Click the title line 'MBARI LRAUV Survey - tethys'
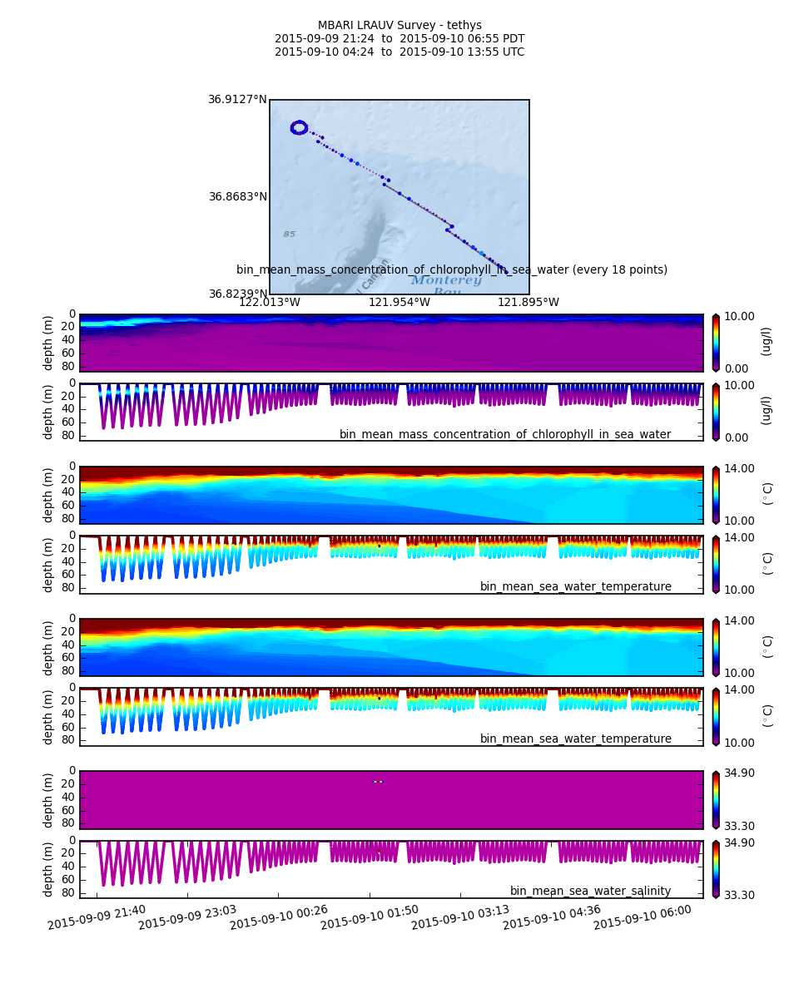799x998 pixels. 399,26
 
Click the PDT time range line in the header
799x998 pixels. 399,39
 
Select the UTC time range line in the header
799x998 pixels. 399,52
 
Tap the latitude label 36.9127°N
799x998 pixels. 237,100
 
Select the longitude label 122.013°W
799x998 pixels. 270,303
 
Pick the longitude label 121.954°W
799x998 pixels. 399,303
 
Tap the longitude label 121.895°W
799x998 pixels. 529,303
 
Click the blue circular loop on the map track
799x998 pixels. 300,127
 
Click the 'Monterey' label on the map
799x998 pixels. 446,280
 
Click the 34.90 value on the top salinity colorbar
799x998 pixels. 740,773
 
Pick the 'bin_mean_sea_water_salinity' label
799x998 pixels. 590,891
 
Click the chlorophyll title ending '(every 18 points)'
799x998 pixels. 452,270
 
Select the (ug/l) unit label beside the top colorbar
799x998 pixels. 766,342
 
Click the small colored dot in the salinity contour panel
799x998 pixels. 378,782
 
